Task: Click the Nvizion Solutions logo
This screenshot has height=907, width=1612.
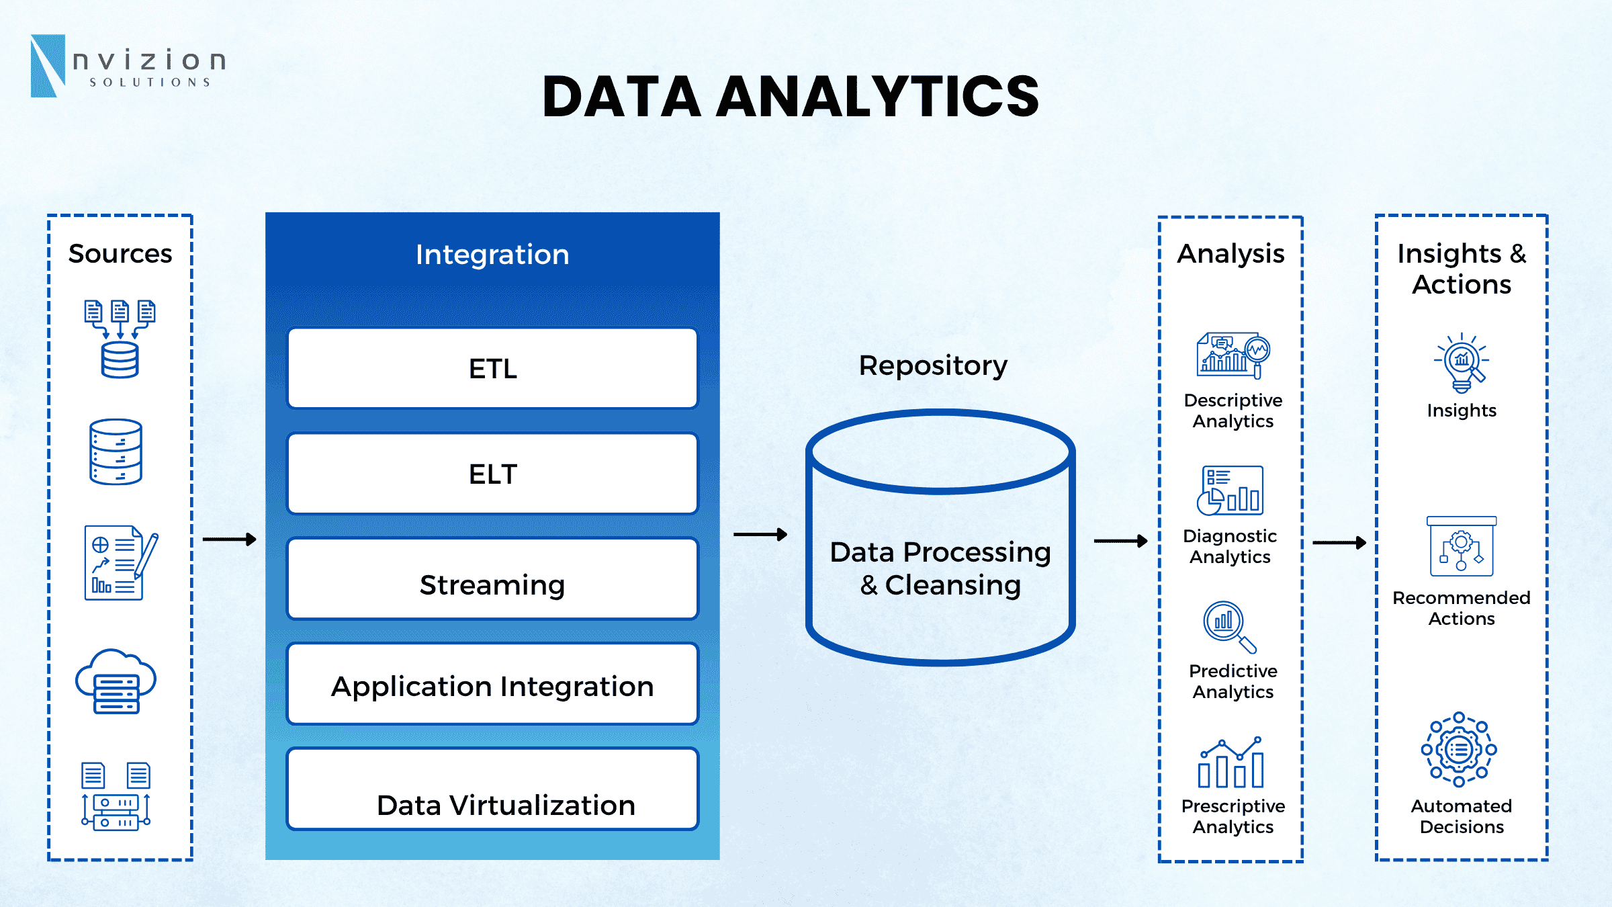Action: coord(128,66)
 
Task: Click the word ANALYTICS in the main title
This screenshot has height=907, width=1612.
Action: coord(879,97)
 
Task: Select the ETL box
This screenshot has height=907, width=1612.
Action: coord(492,368)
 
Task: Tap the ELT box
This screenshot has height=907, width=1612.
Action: coord(492,474)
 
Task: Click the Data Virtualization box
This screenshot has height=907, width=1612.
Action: coord(492,789)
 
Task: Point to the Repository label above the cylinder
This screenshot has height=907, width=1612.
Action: coord(933,366)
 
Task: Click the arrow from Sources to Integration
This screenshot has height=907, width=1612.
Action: coord(229,539)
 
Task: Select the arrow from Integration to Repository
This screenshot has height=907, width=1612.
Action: coord(760,534)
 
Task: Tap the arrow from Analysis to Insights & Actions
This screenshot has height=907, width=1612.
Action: coord(1339,542)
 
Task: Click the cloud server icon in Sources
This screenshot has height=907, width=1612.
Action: coord(116,681)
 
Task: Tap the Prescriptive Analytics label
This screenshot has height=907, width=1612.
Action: coord(1233,816)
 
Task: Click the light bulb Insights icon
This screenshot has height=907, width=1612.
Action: coord(1462,363)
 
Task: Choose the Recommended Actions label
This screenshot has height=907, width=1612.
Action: coord(1462,608)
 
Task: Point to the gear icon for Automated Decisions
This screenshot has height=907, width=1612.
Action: coord(1459,749)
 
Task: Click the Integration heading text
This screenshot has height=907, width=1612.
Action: coord(492,255)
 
